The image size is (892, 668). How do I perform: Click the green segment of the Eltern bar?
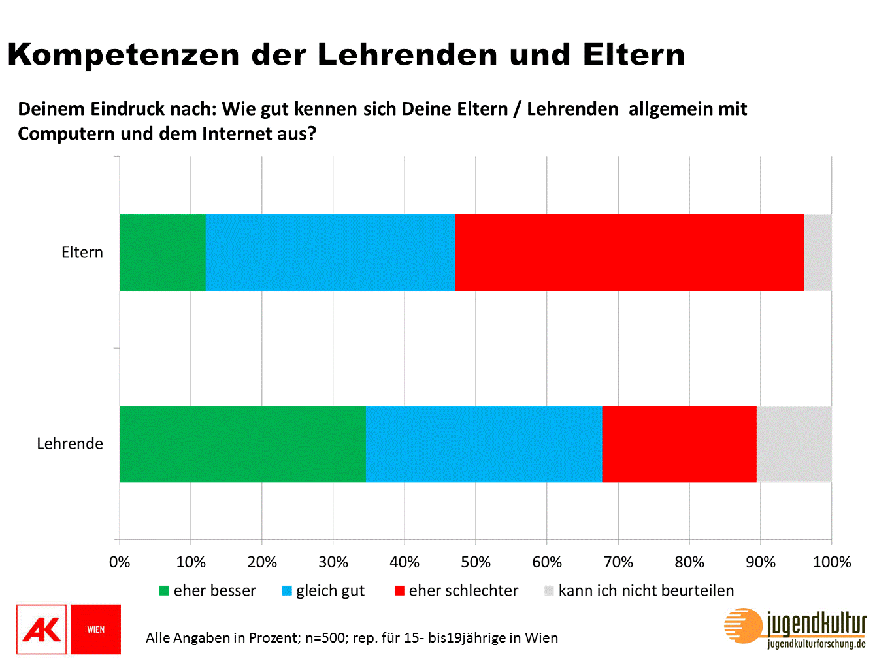[162, 252]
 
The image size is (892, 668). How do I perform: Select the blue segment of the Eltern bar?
[330, 252]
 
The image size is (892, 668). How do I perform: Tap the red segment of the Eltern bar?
[629, 252]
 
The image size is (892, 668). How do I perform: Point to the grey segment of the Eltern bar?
[818, 252]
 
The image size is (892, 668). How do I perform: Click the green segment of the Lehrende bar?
[242, 444]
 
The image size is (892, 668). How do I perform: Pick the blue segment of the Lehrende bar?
[484, 444]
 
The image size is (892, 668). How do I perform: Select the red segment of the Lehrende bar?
[679, 444]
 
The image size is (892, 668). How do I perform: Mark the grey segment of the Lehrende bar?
[794, 444]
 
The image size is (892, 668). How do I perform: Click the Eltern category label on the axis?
[82, 253]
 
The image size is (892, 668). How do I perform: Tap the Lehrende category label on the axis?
[70, 444]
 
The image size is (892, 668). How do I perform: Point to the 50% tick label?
[476, 562]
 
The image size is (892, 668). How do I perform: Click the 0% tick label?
[120, 562]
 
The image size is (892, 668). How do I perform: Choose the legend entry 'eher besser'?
[208, 591]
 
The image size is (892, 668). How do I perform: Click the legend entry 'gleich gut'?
[323, 591]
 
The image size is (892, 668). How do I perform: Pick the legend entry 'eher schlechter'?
[457, 591]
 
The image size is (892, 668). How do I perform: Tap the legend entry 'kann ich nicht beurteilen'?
[639, 591]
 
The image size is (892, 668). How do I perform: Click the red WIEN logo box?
[95, 629]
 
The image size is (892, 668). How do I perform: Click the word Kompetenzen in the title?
[124, 55]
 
